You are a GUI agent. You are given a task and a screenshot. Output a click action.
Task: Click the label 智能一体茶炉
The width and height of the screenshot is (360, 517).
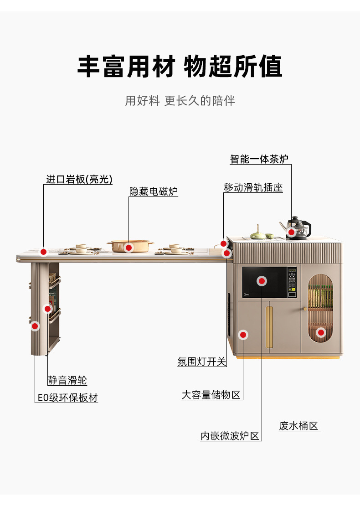coord(259,159)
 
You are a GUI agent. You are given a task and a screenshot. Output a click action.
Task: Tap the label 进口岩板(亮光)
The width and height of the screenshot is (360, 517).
coord(79,179)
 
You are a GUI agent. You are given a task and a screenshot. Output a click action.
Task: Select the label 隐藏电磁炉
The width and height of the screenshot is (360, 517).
coord(153,191)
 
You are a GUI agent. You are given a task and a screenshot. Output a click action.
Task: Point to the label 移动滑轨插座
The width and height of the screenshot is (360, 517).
coord(253,187)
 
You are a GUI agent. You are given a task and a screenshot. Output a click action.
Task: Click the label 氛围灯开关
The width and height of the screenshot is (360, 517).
coord(202,362)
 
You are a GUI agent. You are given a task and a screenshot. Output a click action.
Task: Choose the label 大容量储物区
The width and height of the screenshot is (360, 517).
coord(211,395)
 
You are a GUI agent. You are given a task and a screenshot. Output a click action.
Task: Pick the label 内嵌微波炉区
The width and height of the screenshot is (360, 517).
coord(230,436)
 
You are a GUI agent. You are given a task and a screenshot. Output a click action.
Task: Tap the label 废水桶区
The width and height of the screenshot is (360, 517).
coord(298,426)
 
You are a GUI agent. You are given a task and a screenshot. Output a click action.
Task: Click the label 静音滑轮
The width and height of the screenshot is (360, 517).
coord(67,380)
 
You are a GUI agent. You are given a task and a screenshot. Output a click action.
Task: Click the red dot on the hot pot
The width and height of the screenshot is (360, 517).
coord(129,248)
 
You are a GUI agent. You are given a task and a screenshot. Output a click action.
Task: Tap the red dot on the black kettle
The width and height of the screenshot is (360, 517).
coord(291,233)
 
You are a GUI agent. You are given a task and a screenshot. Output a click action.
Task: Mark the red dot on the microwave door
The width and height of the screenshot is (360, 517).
coord(262,281)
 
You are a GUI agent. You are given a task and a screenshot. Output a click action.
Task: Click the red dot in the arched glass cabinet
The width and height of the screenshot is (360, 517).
coord(321,332)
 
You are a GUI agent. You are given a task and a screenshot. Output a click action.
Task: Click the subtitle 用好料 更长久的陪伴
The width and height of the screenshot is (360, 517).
coord(180,101)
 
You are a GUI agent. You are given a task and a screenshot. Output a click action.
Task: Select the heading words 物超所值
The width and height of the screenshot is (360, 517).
coord(233,67)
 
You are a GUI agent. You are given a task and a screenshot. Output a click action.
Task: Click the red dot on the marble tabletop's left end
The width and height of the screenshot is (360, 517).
coord(44,252)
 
